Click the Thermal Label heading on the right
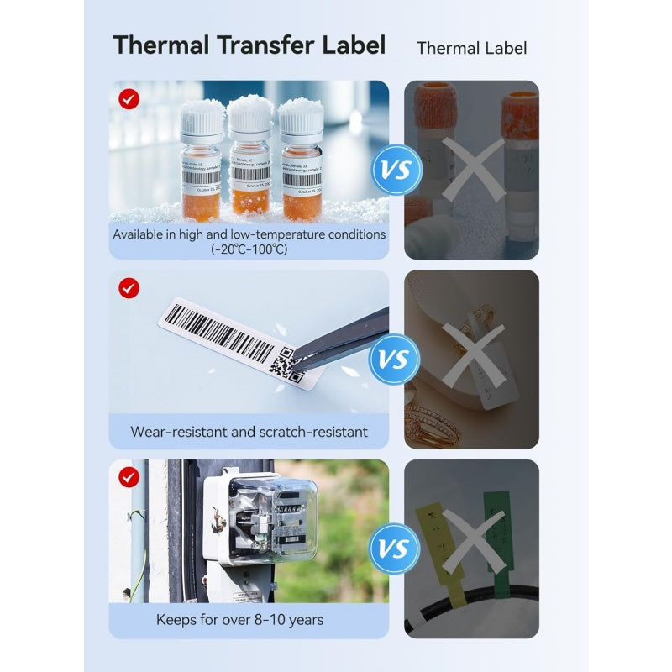472,48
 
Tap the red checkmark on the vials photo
129,99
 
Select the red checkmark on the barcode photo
129,288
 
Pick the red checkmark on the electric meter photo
129,478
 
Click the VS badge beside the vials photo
396,171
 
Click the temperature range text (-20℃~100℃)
249,249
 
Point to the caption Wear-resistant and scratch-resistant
249,432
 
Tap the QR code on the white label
286,365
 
